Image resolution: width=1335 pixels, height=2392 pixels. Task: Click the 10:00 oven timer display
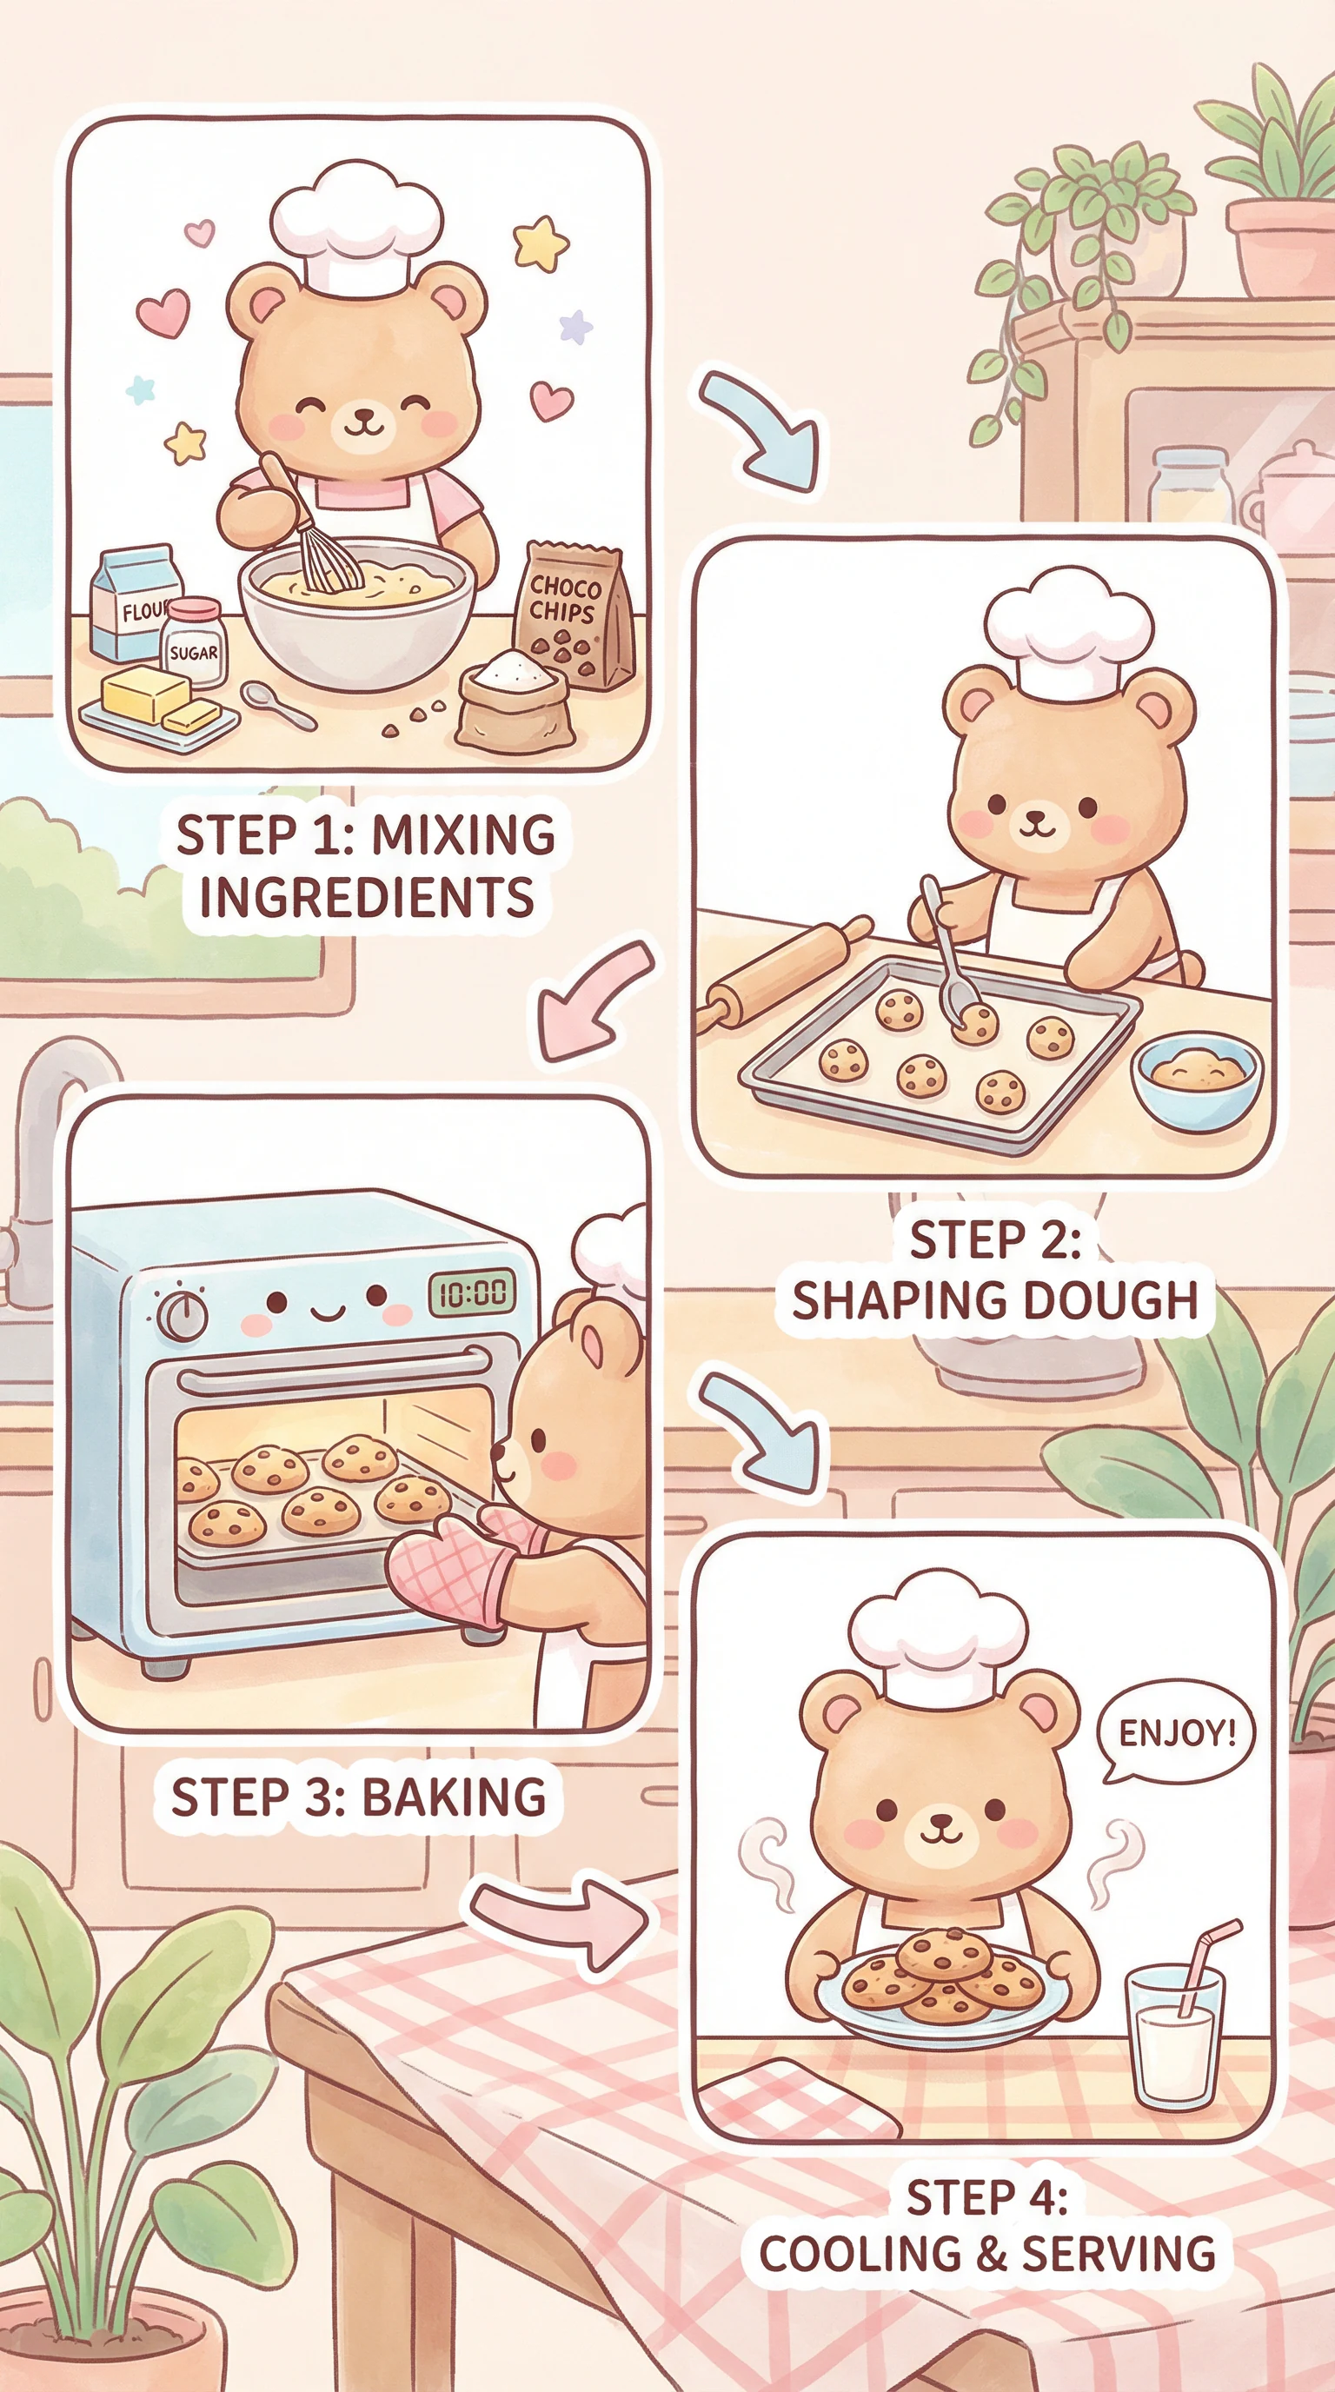472,1292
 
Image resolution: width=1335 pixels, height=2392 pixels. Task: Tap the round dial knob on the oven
182,1315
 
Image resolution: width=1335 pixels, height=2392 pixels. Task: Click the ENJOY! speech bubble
1174,1732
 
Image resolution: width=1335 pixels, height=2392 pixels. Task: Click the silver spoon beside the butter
277,707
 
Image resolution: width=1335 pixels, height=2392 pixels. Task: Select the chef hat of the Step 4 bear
938,1633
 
